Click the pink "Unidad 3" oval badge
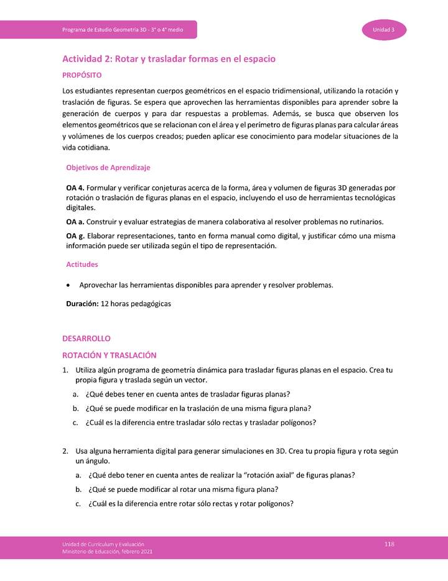click(384, 30)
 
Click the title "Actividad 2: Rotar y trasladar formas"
click(169, 59)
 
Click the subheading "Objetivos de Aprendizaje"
click(108, 168)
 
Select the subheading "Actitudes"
click(82, 264)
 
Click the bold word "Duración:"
click(82, 304)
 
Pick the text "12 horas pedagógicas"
click(136, 304)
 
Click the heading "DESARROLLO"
click(86, 339)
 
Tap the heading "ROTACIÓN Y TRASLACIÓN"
click(109, 355)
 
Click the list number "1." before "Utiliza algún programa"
click(65, 370)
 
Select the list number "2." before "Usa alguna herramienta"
click(65, 451)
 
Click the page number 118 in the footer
click(390, 544)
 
